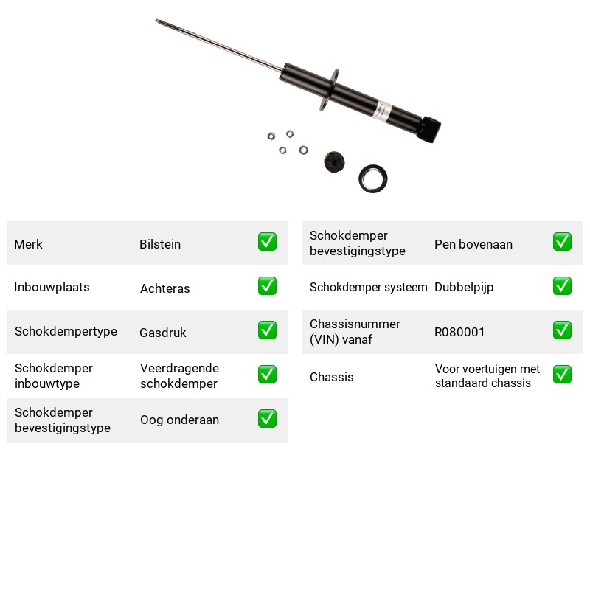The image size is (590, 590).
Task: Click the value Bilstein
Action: tap(160, 244)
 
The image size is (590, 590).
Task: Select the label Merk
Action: tap(28, 244)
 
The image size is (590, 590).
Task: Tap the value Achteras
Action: tap(164, 288)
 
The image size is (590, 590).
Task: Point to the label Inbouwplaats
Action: tap(52, 287)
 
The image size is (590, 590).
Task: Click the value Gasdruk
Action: tap(163, 333)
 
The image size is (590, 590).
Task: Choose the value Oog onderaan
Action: tap(179, 420)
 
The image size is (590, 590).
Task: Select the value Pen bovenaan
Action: tap(473, 244)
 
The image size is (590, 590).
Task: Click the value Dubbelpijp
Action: tap(464, 288)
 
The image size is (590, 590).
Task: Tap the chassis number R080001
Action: tap(459, 332)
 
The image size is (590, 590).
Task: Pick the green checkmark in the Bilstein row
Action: tap(267, 242)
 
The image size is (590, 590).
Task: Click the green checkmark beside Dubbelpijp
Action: tap(562, 285)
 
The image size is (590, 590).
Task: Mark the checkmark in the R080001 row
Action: tap(562, 330)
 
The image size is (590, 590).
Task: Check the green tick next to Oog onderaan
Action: tap(267, 418)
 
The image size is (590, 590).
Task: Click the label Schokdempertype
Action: tap(66, 331)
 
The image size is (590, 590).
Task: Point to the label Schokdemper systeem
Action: tap(368, 287)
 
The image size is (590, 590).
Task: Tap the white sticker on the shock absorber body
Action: tap(382, 111)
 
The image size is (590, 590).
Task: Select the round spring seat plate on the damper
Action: tap(329, 89)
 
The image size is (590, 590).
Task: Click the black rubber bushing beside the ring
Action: tap(334, 162)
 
